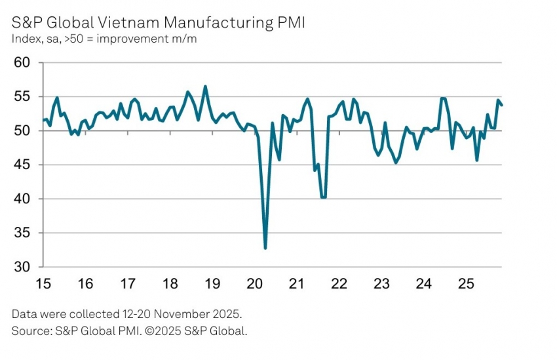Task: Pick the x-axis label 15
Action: coord(43,285)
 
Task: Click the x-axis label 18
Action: coord(170,285)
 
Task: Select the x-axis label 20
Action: coord(254,285)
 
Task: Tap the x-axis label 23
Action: coord(381,285)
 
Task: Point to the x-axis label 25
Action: coord(466,285)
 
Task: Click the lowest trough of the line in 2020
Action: coord(265,248)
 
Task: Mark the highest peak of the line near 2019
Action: coord(205,87)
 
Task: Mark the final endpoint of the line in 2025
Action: coord(502,105)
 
